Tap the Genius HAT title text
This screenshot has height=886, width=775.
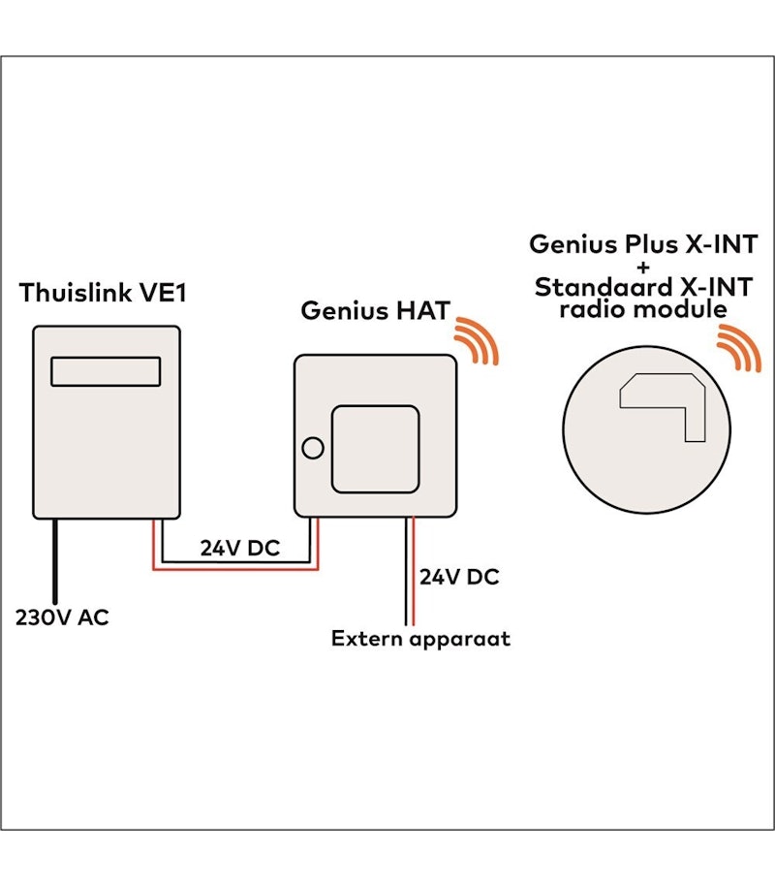tap(374, 311)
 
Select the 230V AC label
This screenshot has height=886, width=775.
tap(62, 617)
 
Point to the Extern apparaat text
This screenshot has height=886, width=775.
tap(419, 639)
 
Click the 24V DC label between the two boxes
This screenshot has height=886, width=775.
tap(239, 548)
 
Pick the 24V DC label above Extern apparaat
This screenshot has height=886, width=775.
tap(458, 578)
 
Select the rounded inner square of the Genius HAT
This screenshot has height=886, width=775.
tap(376, 445)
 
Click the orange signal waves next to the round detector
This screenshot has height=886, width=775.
tap(738, 350)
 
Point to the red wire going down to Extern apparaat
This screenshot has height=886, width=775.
tap(414, 572)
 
